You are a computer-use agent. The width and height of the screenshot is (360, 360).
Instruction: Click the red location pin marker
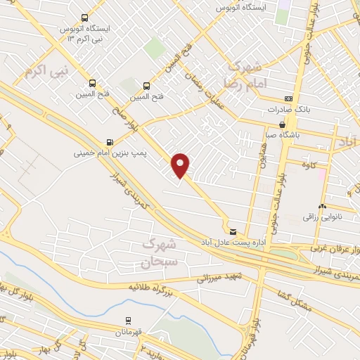[181, 165]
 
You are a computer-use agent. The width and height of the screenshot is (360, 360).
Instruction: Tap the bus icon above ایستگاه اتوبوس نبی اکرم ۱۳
[85, 18]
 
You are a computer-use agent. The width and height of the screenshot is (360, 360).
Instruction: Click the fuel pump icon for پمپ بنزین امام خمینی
[109, 141]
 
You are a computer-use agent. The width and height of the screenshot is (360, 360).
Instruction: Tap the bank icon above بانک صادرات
[288, 99]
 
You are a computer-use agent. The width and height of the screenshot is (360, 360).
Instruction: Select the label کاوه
[312, 165]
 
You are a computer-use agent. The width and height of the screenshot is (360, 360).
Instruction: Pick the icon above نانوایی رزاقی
[321, 206]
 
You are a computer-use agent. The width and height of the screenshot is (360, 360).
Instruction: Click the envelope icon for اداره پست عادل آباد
[233, 231]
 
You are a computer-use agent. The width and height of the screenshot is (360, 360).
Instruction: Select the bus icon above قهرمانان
[128, 320]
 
